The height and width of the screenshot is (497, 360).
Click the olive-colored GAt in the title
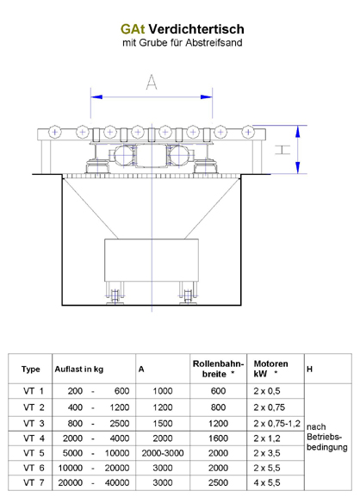[133, 29]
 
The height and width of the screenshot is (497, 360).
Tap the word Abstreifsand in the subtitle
[214, 42]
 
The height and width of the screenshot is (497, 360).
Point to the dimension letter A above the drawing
[152, 82]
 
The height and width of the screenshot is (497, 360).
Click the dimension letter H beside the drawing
[282, 150]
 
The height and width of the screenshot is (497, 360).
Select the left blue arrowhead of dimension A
[96, 96]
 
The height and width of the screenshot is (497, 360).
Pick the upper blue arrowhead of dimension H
[298, 132]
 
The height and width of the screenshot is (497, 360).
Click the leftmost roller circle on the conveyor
[54, 132]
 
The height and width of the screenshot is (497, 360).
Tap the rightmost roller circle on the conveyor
[248, 132]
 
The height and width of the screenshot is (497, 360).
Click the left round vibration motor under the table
[124, 155]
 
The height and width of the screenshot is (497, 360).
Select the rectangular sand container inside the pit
[152, 260]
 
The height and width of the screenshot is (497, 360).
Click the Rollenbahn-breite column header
[218, 369]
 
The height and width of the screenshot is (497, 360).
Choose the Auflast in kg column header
[79, 370]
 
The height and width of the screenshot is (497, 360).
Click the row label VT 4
[34, 438]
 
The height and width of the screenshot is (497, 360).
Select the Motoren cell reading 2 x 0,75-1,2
[276, 424]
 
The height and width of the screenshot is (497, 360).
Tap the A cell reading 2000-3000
[163, 453]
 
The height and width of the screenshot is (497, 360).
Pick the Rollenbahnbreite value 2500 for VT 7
[218, 482]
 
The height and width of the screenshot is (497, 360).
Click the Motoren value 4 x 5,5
[267, 482]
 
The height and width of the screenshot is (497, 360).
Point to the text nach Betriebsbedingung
[326, 437]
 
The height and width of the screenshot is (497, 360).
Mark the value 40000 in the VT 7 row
[117, 482]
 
